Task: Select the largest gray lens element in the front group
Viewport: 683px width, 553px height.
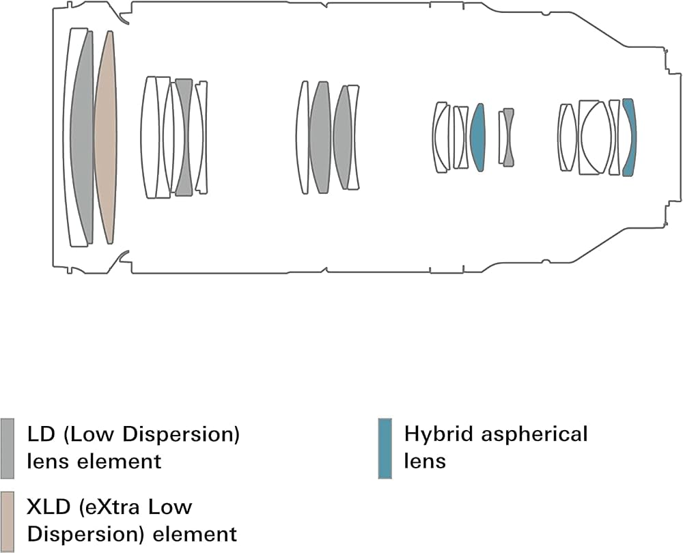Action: (x=83, y=137)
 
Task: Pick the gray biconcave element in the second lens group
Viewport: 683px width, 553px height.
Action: (x=183, y=137)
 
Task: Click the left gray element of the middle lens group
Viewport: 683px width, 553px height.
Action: (x=320, y=137)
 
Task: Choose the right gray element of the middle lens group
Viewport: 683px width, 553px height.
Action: (x=343, y=137)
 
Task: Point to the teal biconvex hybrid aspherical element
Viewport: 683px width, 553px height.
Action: (x=478, y=137)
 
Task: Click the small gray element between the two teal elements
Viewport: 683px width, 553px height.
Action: (x=508, y=137)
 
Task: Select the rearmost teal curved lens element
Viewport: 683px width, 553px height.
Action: (x=630, y=137)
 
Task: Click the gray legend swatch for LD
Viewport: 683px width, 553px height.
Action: (x=7, y=448)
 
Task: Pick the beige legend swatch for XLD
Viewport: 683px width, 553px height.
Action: (x=7, y=522)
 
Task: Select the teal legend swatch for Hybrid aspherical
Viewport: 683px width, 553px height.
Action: (x=385, y=448)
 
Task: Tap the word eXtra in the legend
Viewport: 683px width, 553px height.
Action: (x=110, y=507)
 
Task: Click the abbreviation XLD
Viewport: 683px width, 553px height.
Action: (x=48, y=508)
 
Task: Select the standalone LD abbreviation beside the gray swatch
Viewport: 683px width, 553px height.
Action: (x=42, y=435)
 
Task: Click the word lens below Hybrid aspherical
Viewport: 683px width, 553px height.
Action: (x=425, y=461)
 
